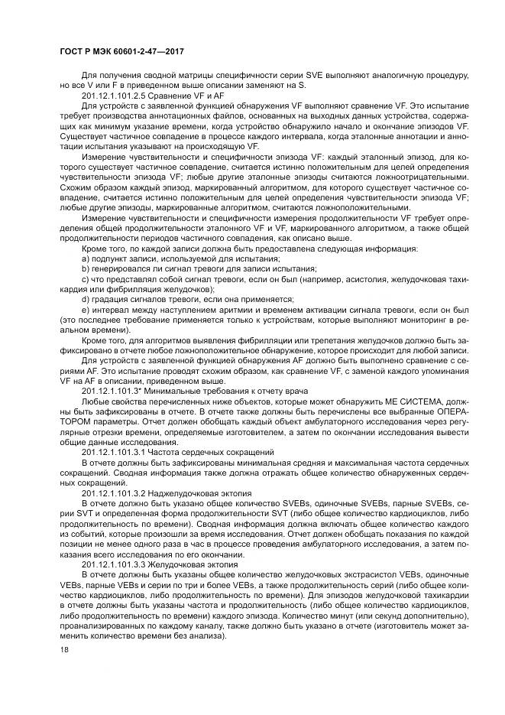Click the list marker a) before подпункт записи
point(85,260)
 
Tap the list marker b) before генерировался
point(85,270)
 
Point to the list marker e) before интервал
point(85,310)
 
